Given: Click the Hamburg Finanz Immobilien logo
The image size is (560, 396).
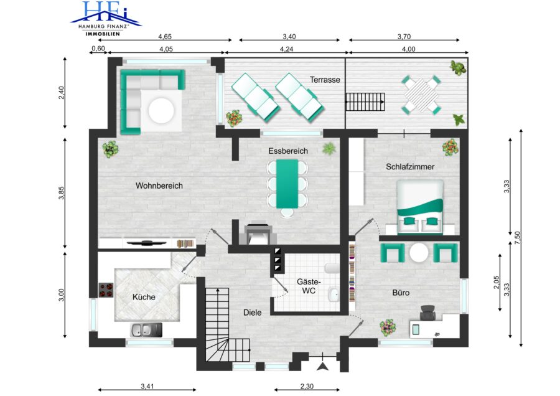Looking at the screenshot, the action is [x=106, y=18].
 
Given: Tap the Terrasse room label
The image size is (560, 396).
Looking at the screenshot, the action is [x=325, y=80].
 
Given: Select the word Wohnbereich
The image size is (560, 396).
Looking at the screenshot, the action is [x=159, y=186].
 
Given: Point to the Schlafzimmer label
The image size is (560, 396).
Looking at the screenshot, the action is [x=410, y=166].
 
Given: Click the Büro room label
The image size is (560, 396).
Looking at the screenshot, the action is [x=401, y=293].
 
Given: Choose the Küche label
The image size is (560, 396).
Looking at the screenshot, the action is [x=144, y=297].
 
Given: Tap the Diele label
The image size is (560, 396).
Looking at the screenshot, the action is [x=252, y=313].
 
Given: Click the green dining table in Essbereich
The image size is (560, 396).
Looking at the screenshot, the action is [x=287, y=184].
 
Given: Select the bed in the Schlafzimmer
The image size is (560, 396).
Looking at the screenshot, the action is [x=420, y=207].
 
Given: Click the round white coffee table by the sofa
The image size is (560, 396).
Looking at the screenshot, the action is [x=161, y=111].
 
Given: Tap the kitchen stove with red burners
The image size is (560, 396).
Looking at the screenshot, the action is [x=106, y=290].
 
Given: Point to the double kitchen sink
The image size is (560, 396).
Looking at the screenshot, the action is [x=146, y=330].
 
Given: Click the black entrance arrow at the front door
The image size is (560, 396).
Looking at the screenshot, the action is [x=323, y=366].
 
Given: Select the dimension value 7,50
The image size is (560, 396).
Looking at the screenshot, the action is [x=518, y=238].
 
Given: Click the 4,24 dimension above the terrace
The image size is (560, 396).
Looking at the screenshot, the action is [x=286, y=49].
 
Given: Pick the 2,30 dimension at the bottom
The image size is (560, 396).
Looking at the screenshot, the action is [x=307, y=386].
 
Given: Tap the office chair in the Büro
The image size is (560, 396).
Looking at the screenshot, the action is [x=428, y=313].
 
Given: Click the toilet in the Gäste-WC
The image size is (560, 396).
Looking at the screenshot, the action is [x=332, y=268].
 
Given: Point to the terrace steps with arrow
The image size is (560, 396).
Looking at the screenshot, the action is [x=365, y=102].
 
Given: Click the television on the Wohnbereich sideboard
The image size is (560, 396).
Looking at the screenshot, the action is [x=146, y=243].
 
